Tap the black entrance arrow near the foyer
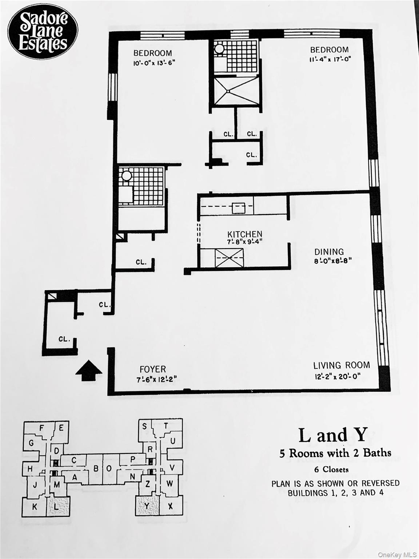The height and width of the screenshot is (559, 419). pos(89,370)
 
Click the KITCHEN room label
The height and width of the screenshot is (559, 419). pos(245,234)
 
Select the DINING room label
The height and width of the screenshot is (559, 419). pos(329,252)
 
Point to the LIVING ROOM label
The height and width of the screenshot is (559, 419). pos(342,365)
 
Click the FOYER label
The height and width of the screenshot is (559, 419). pos(153,369)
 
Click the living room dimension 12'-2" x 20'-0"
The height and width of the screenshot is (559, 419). pos(338,376)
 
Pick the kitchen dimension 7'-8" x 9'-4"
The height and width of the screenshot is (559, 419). pos(244,242)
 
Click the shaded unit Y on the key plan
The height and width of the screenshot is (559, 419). pos(147,506)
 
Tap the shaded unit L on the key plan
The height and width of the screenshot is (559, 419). pos(58,507)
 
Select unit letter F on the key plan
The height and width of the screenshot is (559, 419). pos(41,428)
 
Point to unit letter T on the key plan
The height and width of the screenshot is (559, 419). pos(166,426)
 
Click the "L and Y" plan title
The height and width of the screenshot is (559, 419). pos(333,435)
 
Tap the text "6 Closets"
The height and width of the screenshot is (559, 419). pos(331,469)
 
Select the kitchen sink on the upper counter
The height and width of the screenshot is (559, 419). pos(239,208)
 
